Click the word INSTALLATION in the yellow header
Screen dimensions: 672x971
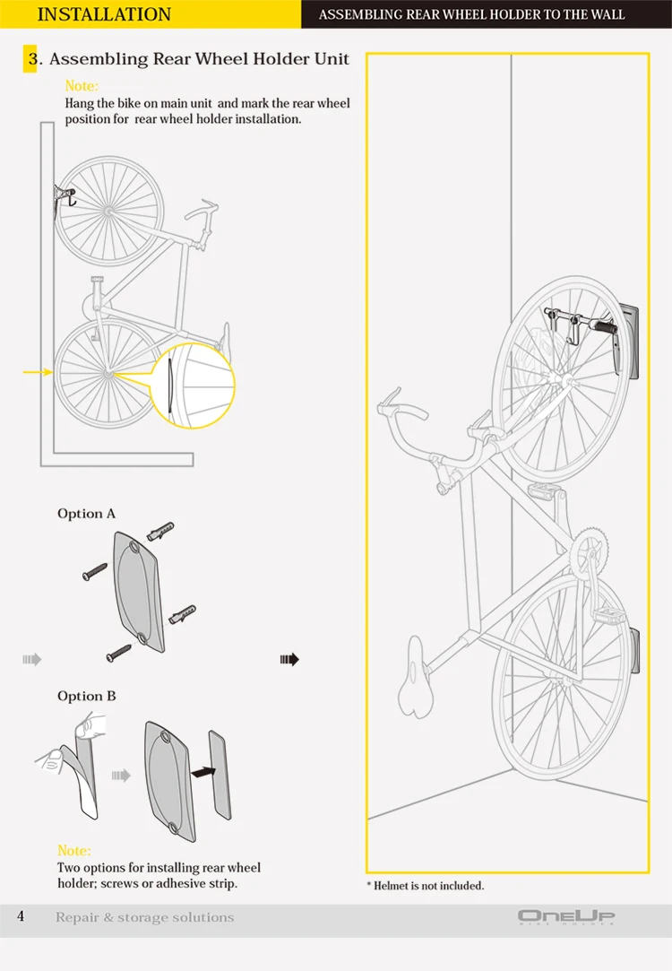[x=104, y=14]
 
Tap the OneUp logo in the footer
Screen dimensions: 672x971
[x=566, y=916]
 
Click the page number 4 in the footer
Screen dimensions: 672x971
[x=21, y=916]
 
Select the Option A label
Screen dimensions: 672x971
[x=86, y=514]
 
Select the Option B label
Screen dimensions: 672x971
[x=86, y=696]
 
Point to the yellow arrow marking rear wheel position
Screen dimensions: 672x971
[x=36, y=371]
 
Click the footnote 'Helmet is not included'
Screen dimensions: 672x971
[x=425, y=885]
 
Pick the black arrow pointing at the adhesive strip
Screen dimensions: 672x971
[x=205, y=769]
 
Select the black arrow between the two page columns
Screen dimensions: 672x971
[x=289, y=659]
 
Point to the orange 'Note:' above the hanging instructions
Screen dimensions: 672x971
[x=82, y=86]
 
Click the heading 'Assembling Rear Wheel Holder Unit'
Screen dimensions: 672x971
[x=199, y=59]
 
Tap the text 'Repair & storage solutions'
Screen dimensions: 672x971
[x=144, y=917]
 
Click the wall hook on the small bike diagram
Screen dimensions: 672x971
[x=63, y=195]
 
